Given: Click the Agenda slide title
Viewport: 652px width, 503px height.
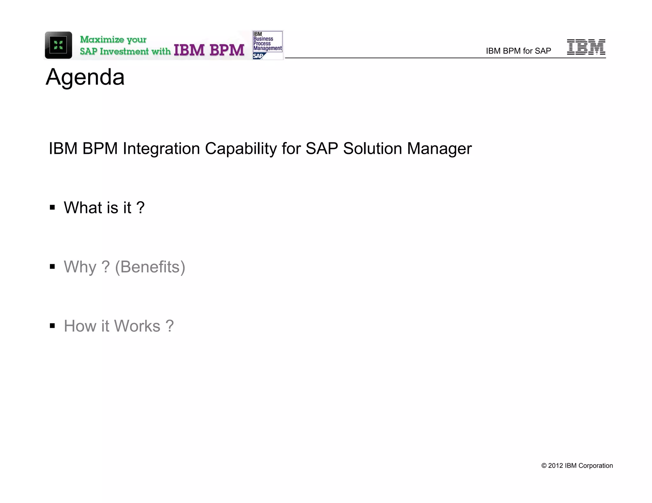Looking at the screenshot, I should point(85,77).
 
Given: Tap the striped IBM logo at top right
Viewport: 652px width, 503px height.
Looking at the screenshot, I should point(586,47).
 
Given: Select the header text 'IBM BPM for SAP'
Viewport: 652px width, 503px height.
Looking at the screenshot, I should point(518,51).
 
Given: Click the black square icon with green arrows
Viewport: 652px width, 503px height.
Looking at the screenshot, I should point(58,45).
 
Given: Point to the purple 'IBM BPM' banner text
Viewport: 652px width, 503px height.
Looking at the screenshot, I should point(209,50).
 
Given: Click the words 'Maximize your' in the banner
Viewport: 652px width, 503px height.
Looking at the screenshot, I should point(113,39).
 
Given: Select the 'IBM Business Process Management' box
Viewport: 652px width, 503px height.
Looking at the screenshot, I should point(267,41).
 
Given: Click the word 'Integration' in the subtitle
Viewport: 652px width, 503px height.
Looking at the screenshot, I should point(161,148).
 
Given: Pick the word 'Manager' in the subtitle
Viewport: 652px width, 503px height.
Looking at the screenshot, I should point(439,148).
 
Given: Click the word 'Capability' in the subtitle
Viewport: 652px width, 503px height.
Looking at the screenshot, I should point(241,148).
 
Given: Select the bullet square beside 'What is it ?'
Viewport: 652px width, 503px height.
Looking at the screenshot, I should point(53,208).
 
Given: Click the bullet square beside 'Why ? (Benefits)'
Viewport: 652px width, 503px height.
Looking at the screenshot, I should point(53,267).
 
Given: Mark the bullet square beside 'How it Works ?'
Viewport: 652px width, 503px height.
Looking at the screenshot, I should point(53,326).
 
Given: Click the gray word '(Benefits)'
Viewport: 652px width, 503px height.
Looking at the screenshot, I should point(150,267).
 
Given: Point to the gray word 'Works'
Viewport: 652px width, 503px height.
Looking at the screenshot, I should point(137,326).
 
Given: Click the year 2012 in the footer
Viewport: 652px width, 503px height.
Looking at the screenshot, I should point(556,466).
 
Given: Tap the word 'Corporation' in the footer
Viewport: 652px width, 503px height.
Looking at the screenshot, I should point(595,466).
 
